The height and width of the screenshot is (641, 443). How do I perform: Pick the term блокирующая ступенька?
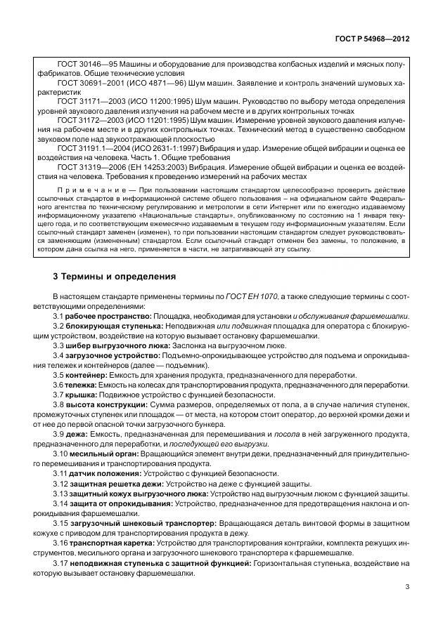pyautogui.click(x=116, y=326)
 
